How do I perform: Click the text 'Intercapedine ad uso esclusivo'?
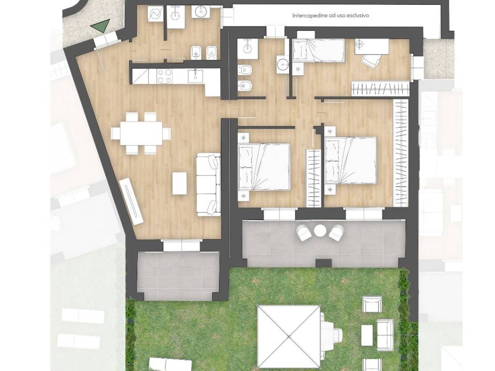331,15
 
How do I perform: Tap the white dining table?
141,133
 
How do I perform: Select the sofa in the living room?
208,185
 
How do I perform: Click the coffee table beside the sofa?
180,183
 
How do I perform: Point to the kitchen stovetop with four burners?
164,76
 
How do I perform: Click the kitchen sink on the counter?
195,76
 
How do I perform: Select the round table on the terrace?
320,230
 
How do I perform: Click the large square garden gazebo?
289,337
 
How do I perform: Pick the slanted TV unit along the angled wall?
131,201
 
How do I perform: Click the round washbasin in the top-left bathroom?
201,12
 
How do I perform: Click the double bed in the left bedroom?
264,167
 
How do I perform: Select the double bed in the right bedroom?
351,160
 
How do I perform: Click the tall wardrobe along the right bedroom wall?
401,153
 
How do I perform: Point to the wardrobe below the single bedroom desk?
380,88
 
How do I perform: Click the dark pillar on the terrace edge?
323,263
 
